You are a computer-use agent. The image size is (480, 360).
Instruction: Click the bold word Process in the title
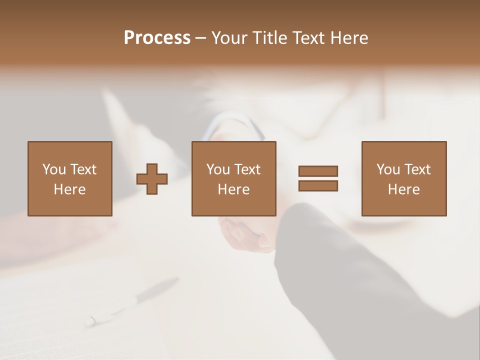click(x=157, y=38)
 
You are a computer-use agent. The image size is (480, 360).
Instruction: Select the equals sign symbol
click(x=318, y=178)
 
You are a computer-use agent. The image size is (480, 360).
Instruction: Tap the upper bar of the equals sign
click(x=318, y=171)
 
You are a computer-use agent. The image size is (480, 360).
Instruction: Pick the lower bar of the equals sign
click(x=318, y=185)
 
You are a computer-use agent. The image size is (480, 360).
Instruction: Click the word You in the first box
click(x=53, y=169)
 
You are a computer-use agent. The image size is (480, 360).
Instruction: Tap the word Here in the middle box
click(x=233, y=189)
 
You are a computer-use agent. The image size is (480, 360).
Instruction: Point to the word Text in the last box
click(x=417, y=169)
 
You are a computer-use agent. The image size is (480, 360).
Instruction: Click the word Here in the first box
click(x=69, y=189)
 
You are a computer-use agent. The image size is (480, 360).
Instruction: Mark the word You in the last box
click(x=388, y=169)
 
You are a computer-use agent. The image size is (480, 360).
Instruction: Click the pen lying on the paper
click(x=132, y=302)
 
